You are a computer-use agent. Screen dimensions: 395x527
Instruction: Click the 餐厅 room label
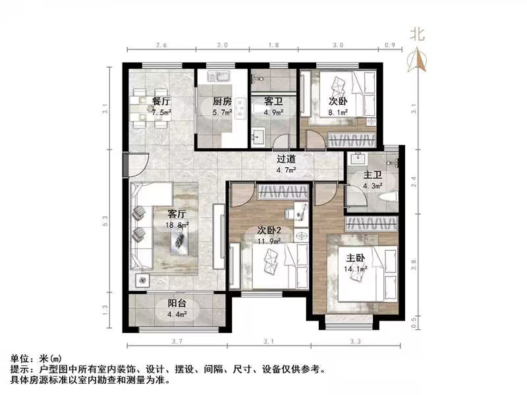[161, 101]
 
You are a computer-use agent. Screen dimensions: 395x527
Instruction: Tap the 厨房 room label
[221, 101]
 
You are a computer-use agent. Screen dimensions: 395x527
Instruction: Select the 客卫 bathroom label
[273, 101]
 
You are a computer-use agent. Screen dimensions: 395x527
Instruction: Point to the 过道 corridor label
[286, 159]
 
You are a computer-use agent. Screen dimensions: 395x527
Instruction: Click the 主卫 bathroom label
[373, 176]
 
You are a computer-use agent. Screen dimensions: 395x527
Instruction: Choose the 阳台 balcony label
[177, 303]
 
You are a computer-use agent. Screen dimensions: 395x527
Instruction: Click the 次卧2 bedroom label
[270, 230]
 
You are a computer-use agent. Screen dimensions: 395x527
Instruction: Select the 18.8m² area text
[179, 224]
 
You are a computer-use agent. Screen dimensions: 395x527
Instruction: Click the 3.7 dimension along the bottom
[175, 341]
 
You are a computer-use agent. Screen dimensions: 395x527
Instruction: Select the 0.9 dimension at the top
[389, 45]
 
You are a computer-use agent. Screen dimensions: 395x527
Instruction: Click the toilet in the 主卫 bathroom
[389, 196]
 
